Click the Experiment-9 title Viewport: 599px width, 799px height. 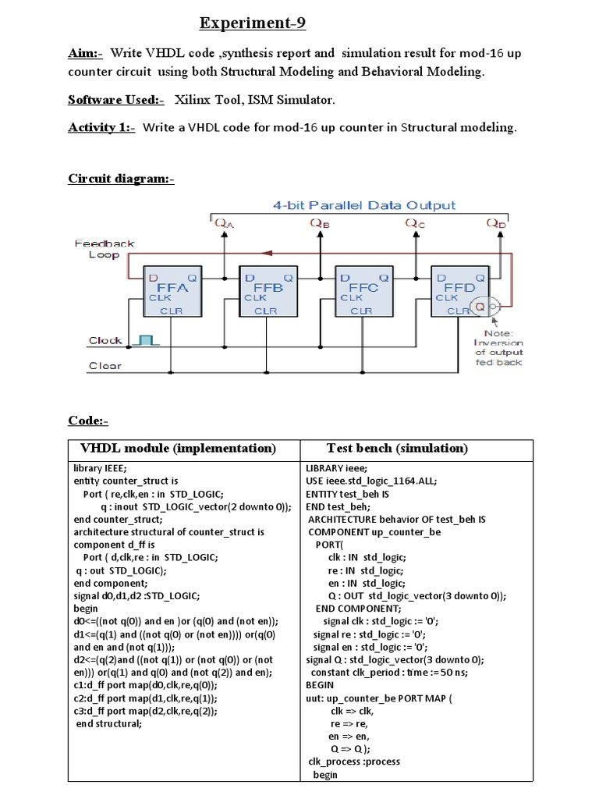(x=252, y=23)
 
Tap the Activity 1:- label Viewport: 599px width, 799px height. (x=101, y=128)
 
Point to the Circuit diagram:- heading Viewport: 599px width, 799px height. (x=121, y=179)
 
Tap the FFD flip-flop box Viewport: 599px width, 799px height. (x=459, y=291)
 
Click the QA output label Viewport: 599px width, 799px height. (x=224, y=224)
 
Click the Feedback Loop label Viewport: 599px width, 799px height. (x=105, y=249)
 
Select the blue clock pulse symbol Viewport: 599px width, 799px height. (x=146, y=339)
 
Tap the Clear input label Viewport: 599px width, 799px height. (x=105, y=365)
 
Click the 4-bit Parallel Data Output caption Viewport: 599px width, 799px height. (x=363, y=205)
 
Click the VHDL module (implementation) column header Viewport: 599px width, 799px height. (x=179, y=449)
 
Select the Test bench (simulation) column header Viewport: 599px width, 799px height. (x=397, y=449)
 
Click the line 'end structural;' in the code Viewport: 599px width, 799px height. (x=109, y=723)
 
